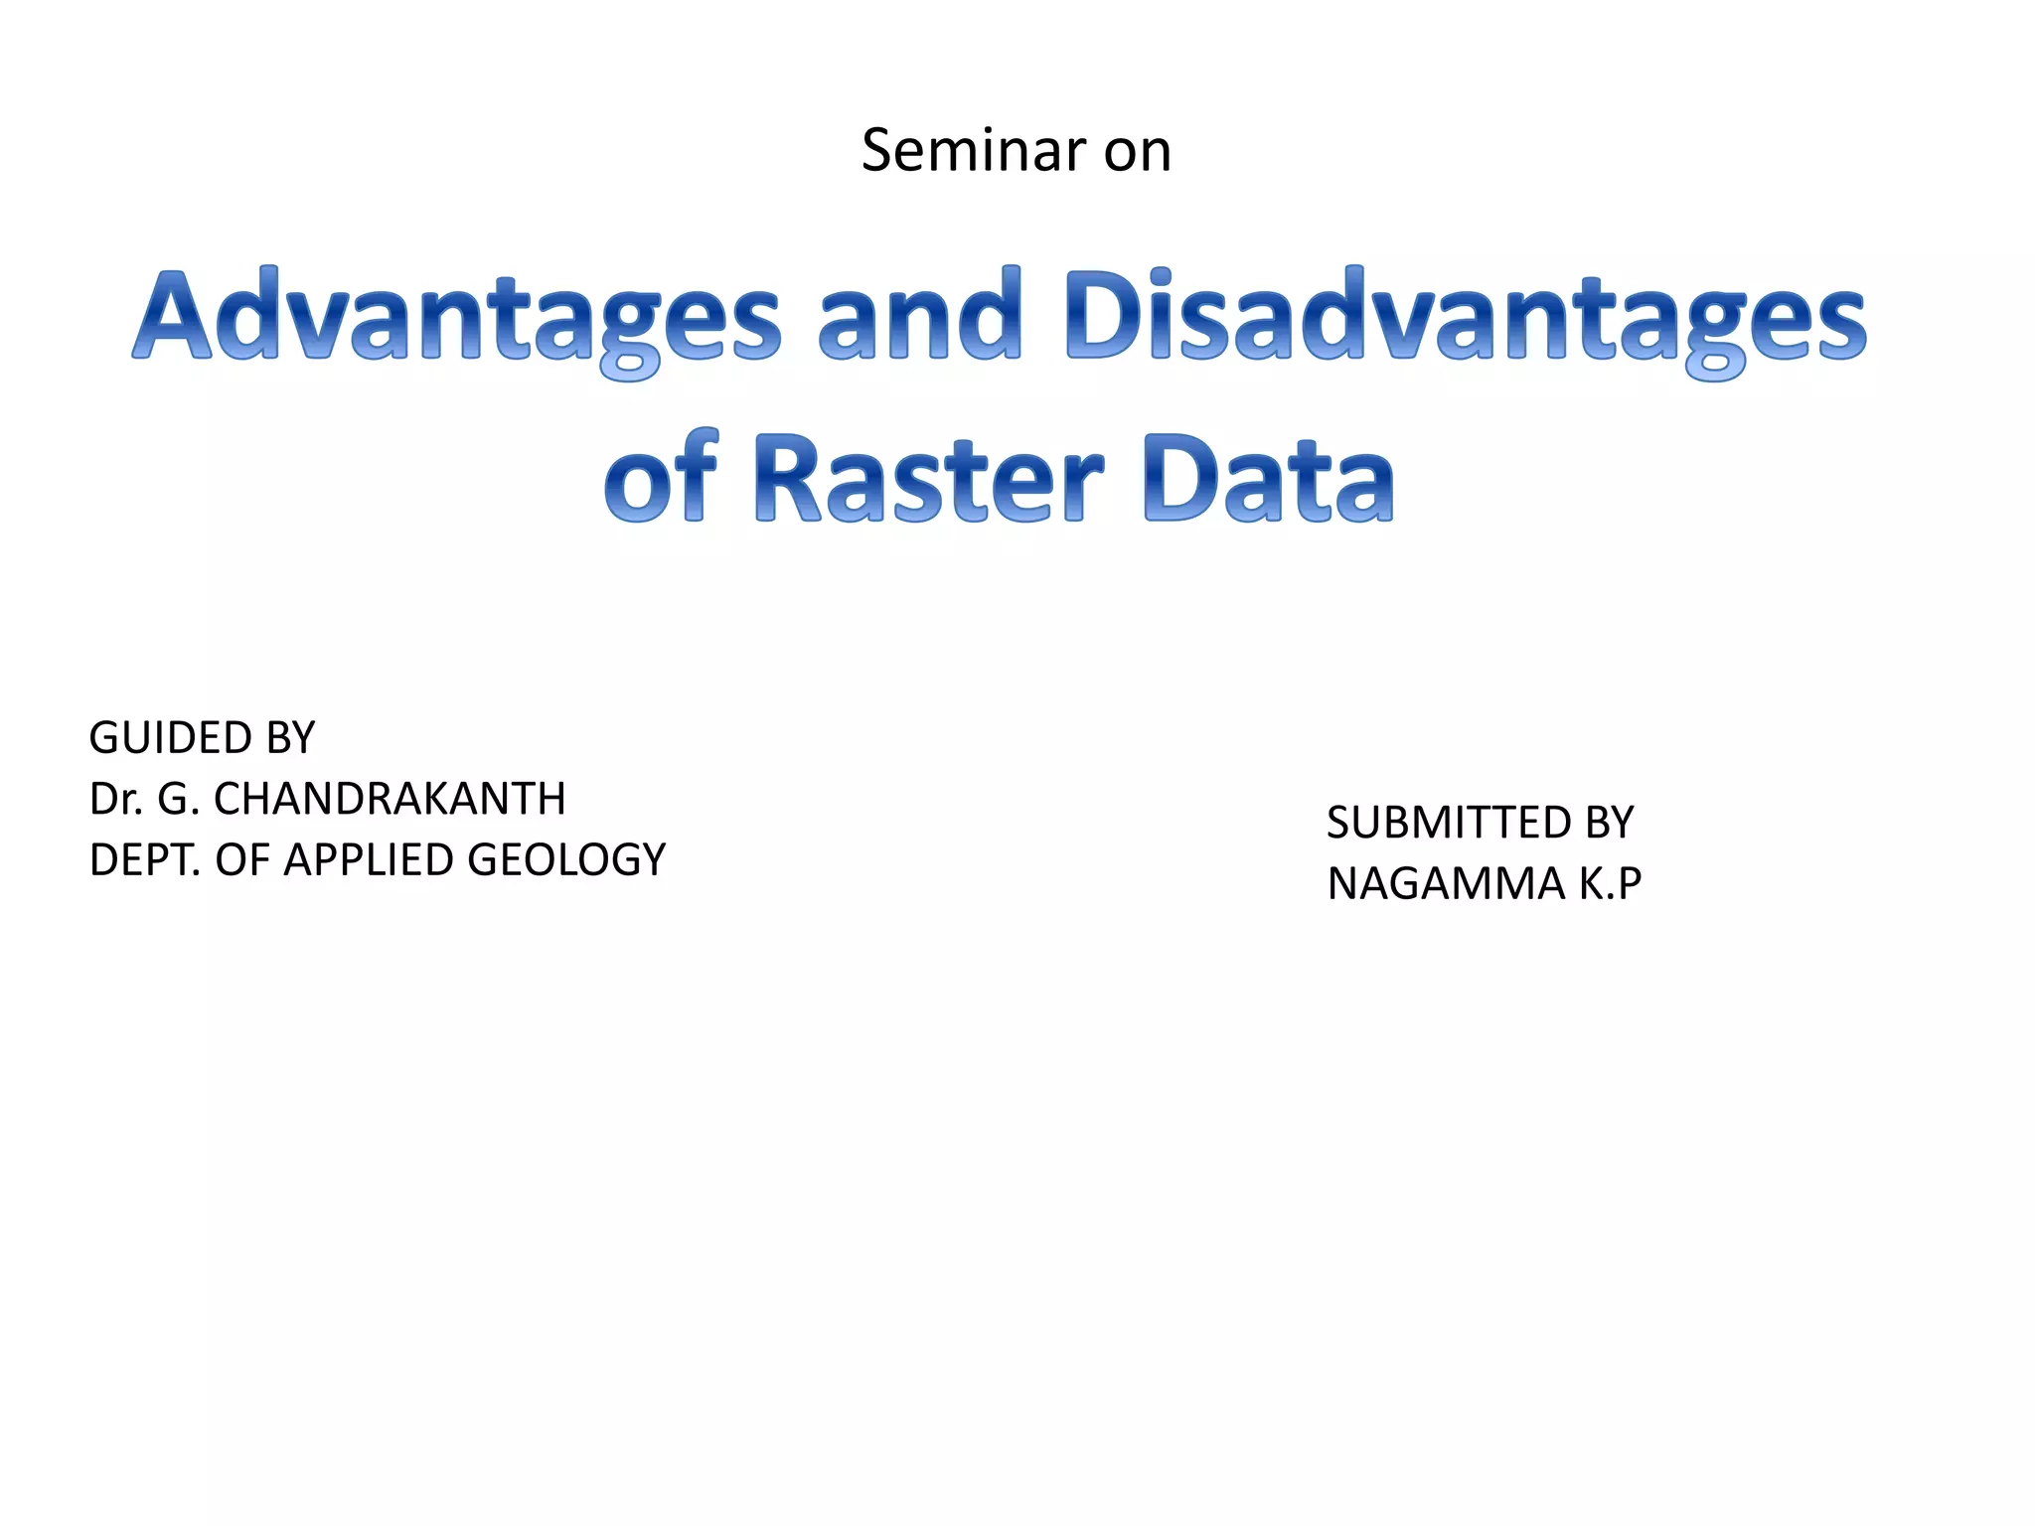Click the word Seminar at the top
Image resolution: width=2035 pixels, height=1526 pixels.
click(974, 151)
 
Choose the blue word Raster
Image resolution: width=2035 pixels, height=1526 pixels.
click(929, 481)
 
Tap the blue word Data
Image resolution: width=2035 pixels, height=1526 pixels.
click(1269, 481)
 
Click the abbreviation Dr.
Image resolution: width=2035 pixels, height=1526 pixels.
click(115, 799)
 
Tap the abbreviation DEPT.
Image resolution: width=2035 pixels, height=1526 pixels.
click(144, 860)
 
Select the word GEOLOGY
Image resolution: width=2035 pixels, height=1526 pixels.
click(566, 860)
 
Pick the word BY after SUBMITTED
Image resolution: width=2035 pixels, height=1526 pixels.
click(1602, 823)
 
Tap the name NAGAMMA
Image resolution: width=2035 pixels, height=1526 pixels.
click(1446, 884)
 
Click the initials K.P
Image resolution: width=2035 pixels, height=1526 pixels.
click(1609, 884)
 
